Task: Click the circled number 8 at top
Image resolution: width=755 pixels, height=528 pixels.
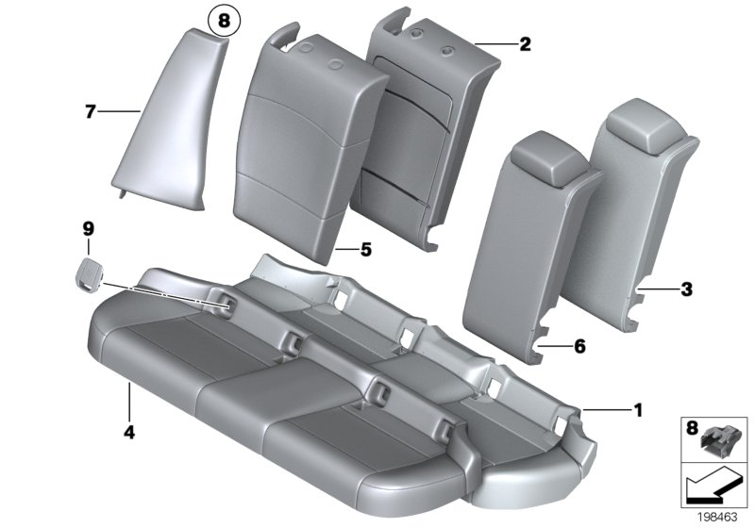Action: pyautogui.click(x=224, y=19)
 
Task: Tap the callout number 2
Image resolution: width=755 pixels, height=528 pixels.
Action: pyautogui.click(x=525, y=43)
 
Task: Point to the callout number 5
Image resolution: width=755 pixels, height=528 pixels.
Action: pyautogui.click(x=366, y=250)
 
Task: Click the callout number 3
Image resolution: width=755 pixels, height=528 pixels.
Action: pyautogui.click(x=685, y=289)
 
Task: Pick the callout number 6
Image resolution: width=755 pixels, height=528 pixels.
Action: pyautogui.click(x=579, y=347)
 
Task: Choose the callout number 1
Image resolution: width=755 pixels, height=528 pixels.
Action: pyautogui.click(x=637, y=409)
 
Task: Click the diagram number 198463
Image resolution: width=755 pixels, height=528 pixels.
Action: pyautogui.click(x=717, y=515)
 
